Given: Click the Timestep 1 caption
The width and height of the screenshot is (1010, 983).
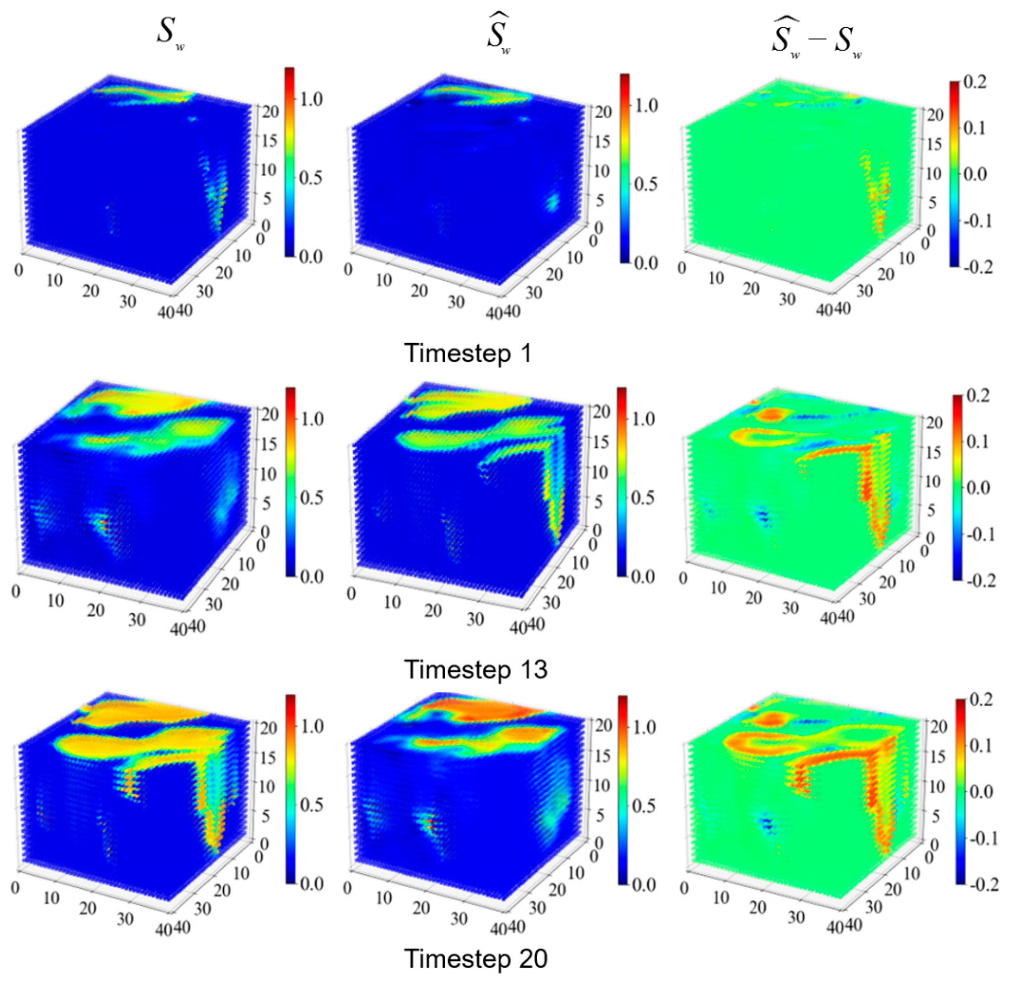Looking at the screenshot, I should [468, 354].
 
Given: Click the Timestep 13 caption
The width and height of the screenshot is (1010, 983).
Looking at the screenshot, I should [475, 670].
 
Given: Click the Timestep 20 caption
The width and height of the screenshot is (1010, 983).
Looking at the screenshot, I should [475, 959].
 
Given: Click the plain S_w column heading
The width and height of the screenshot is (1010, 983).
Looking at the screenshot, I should [171, 34].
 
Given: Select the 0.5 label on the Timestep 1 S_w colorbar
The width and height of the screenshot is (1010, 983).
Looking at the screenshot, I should [311, 178].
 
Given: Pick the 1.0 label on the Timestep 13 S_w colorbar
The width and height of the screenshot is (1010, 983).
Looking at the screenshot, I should [312, 419].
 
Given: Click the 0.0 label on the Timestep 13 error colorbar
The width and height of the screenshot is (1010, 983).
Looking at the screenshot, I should [977, 488].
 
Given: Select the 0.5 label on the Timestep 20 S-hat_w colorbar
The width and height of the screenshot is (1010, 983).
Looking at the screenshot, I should [643, 806].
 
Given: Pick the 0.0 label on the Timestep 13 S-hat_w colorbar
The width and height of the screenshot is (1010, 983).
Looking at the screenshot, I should [643, 577].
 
